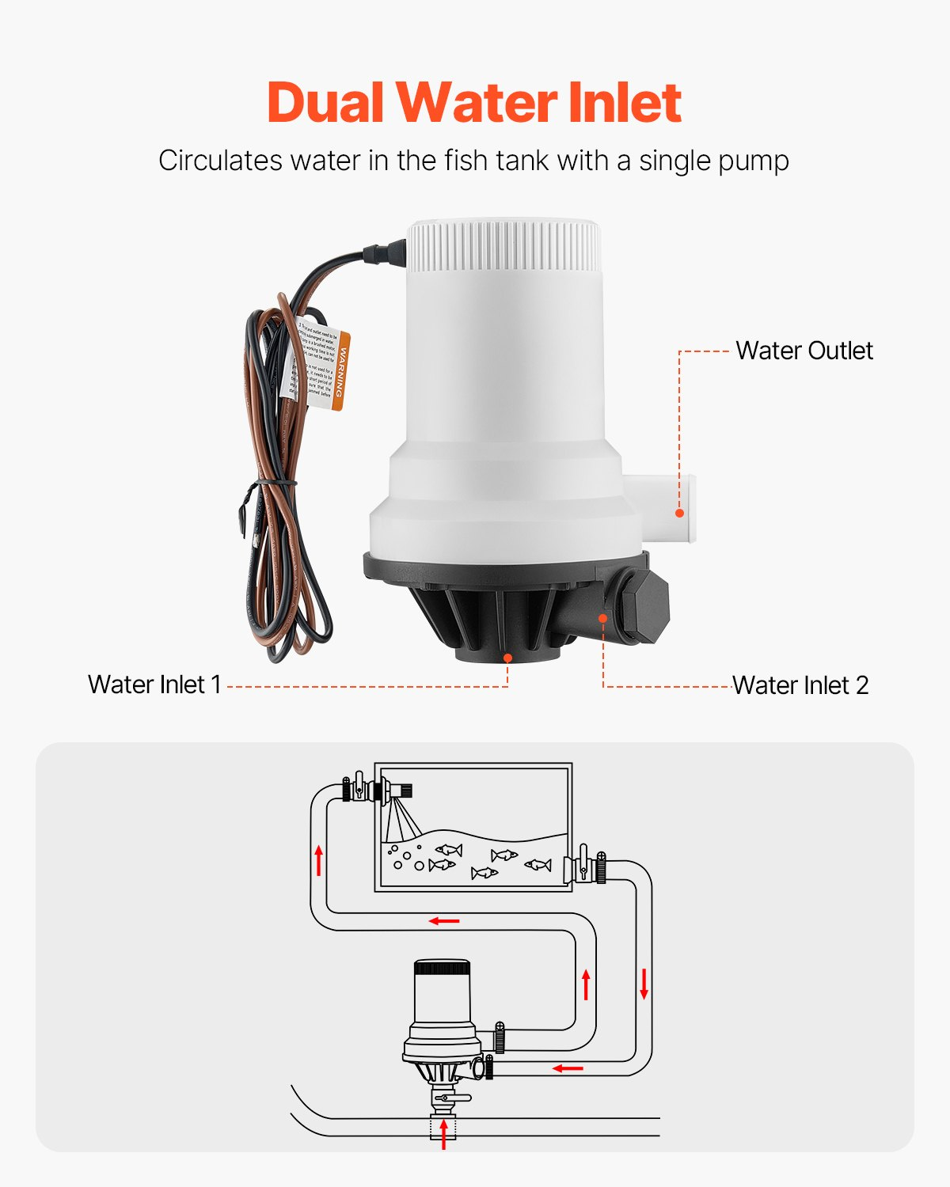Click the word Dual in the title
325,103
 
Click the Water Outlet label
804,351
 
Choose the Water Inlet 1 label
154,685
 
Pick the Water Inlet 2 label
800,685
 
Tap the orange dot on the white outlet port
679,513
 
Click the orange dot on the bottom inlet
507,657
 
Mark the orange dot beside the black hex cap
603,618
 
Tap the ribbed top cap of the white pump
504,245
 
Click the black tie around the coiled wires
273,482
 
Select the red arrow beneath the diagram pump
443,1133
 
